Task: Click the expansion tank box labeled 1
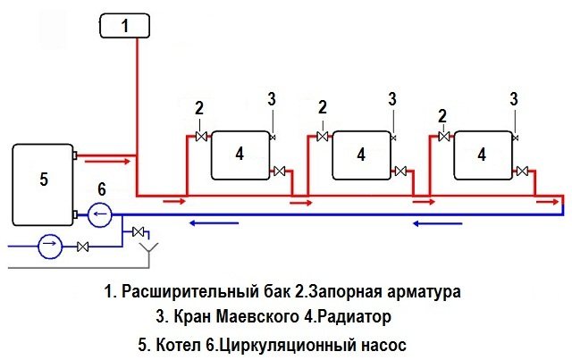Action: (x=125, y=26)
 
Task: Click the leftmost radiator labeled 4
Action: (x=240, y=154)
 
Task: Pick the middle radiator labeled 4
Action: (x=360, y=154)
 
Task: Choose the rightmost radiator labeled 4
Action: (x=482, y=154)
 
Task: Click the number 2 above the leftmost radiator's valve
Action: (x=199, y=108)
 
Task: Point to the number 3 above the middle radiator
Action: (x=391, y=97)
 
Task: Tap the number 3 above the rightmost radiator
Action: (x=513, y=97)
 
